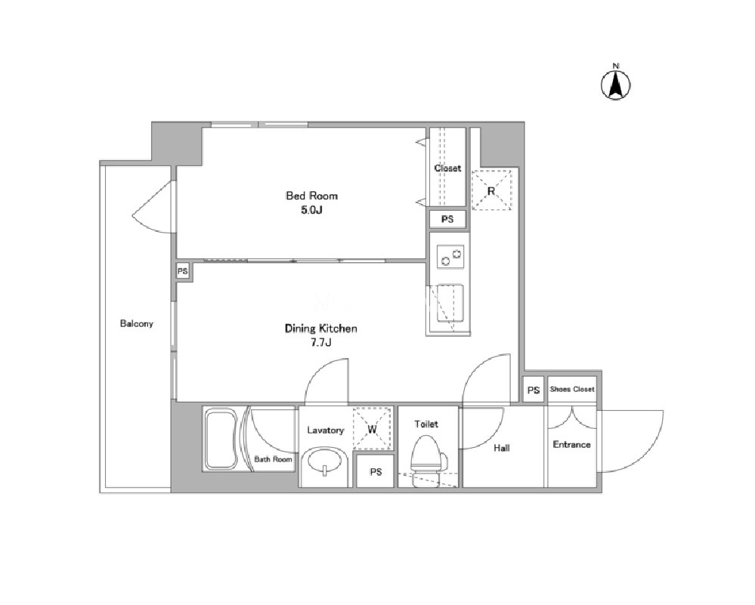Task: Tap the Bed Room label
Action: click(x=311, y=196)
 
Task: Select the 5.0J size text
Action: click(x=311, y=210)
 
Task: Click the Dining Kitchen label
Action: click(x=320, y=329)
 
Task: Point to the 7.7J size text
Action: click(x=321, y=343)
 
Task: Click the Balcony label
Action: click(x=137, y=323)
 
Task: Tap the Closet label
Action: click(x=448, y=168)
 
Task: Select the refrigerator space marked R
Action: click(x=491, y=190)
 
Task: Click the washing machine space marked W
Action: click(x=373, y=428)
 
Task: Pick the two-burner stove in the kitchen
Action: click(x=450, y=257)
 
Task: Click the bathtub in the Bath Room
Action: click(x=221, y=439)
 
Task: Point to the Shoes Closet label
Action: click(x=572, y=389)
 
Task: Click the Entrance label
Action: click(x=571, y=444)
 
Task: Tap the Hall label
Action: click(x=501, y=448)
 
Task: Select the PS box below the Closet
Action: click(x=448, y=219)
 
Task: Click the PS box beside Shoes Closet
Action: click(x=534, y=390)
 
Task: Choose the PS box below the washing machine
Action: click(x=376, y=471)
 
